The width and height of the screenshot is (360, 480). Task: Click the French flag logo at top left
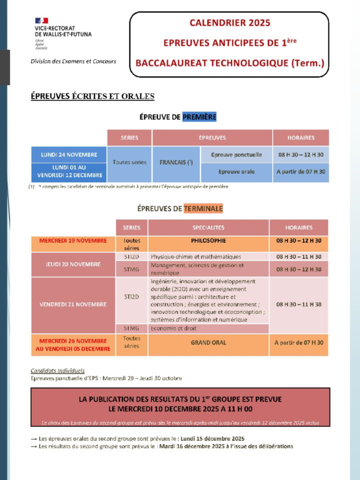click(x=41, y=20)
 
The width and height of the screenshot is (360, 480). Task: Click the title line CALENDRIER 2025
click(x=229, y=22)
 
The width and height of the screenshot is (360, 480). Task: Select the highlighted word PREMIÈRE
click(x=199, y=117)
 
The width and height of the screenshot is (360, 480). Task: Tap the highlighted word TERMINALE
click(x=203, y=208)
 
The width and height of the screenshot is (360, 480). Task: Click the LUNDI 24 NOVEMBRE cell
click(x=69, y=154)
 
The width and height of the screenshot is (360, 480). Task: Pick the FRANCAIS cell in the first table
click(x=176, y=163)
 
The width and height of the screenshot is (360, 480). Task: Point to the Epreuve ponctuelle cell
click(x=236, y=154)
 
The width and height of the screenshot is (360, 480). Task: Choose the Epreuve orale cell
click(x=236, y=171)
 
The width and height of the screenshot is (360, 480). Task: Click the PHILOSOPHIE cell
click(x=208, y=240)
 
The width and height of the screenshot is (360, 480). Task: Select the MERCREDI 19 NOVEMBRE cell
click(x=73, y=240)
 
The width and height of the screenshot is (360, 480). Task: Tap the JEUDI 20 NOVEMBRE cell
click(x=73, y=264)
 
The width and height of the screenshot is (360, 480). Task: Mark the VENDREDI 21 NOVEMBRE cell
click(x=73, y=304)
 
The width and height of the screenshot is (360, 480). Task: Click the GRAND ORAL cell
click(x=208, y=342)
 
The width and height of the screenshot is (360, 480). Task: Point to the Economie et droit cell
click(x=174, y=328)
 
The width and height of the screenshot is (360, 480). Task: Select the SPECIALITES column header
click(x=208, y=227)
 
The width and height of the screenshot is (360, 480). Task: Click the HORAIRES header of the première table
click(x=300, y=137)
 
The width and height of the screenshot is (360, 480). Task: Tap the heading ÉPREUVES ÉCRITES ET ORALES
click(x=92, y=96)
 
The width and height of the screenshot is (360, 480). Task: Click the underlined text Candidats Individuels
click(x=57, y=371)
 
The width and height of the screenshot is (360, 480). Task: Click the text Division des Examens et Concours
click(x=73, y=61)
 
